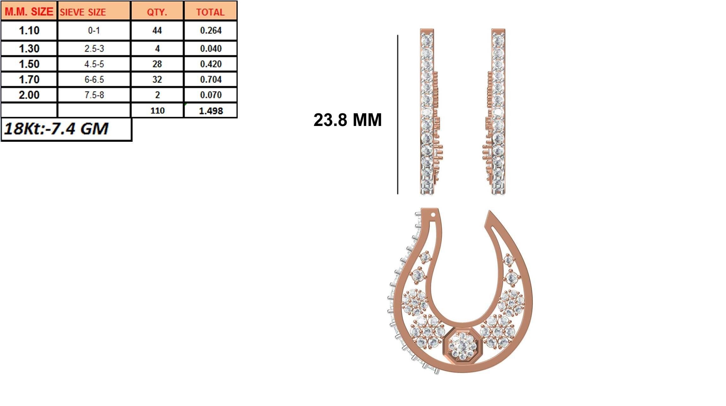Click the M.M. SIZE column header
point(29,12)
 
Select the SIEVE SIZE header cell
point(83,12)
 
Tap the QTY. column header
point(157,12)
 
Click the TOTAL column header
point(210,12)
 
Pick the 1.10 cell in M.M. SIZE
point(29,31)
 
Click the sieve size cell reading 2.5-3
point(94,49)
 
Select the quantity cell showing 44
point(157,31)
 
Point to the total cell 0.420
point(211,64)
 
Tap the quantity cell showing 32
point(157,79)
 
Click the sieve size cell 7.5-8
point(94,95)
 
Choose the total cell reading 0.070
point(211,95)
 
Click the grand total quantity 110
point(157,111)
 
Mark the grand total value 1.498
point(211,111)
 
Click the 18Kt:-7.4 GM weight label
point(57,129)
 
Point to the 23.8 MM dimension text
point(348,120)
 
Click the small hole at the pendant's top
point(433,215)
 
